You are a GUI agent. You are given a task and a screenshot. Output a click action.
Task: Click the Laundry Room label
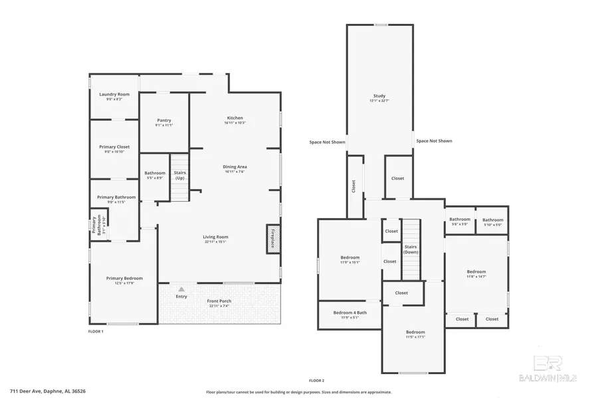(x=114, y=95)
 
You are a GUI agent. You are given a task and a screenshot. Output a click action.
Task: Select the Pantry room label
(x=164, y=121)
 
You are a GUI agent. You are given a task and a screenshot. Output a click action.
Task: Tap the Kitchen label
(x=235, y=118)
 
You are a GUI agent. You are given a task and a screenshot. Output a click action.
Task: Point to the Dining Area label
(x=235, y=166)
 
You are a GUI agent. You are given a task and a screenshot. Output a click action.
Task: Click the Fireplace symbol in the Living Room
(x=272, y=237)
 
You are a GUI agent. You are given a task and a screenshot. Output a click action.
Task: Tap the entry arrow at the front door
(x=181, y=289)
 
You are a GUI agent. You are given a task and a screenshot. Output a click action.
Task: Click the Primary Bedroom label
(x=124, y=279)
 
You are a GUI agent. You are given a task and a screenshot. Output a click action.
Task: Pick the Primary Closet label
(x=114, y=147)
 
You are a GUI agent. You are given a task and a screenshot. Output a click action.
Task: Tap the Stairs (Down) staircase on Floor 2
(x=411, y=250)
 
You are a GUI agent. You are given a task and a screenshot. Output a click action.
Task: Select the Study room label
(x=379, y=96)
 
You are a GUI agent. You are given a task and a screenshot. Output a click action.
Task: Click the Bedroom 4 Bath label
(x=349, y=312)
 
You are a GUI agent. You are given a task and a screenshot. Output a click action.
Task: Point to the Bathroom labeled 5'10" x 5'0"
(x=492, y=220)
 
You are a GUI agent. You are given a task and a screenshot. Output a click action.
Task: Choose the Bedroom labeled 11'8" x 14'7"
(x=476, y=272)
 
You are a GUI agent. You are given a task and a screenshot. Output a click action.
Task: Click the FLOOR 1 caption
(x=96, y=330)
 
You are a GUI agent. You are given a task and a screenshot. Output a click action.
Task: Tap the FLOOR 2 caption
(x=316, y=380)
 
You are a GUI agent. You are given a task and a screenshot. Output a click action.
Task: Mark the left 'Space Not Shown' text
(x=327, y=141)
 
